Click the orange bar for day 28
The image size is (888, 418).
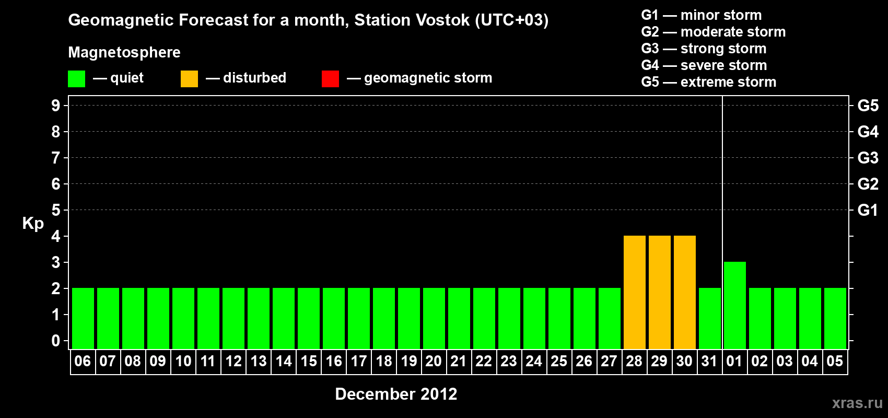pyautogui.click(x=634, y=292)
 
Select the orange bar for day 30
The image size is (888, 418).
pyautogui.click(x=685, y=292)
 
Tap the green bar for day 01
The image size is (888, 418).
pyautogui.click(x=734, y=305)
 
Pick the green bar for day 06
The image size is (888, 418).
pyautogui.click(x=83, y=318)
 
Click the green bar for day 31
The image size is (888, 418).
pyautogui.click(x=709, y=318)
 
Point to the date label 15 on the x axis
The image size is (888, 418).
pyautogui.click(x=309, y=361)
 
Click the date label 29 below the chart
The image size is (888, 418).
pyautogui.click(x=659, y=361)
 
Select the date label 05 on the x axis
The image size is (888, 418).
pyautogui.click(x=835, y=361)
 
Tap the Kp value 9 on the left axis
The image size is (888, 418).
pyautogui.click(x=55, y=106)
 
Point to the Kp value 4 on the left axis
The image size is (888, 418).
pyautogui.click(x=55, y=236)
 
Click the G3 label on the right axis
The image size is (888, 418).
pyautogui.click(x=868, y=158)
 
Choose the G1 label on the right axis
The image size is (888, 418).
pyautogui.click(x=868, y=210)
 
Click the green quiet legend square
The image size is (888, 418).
pyautogui.click(x=76, y=78)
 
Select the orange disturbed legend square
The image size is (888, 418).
pyautogui.click(x=189, y=78)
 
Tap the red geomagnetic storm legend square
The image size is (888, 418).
pyautogui.click(x=331, y=78)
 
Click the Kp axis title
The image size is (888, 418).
pyautogui.click(x=33, y=224)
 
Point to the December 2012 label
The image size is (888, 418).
pyautogui.click(x=396, y=394)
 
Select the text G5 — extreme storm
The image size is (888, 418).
pyautogui.click(x=708, y=82)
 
